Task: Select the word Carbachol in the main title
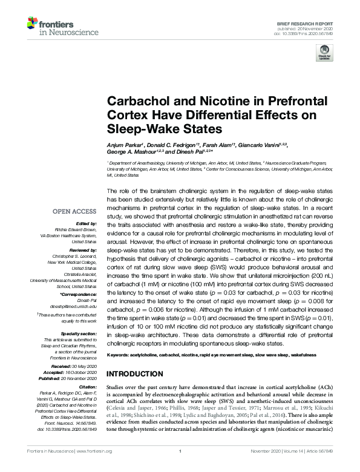point(137,102)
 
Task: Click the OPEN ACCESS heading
point(74,211)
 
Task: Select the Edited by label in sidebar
point(85,223)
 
